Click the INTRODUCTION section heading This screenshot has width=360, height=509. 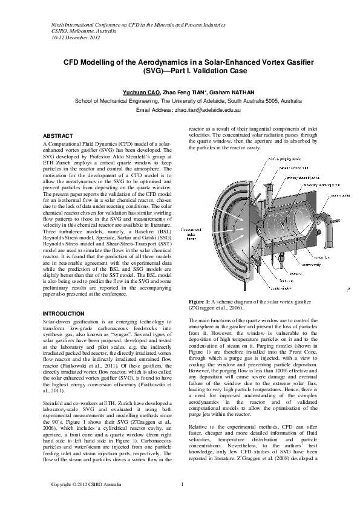pos(64,314)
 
